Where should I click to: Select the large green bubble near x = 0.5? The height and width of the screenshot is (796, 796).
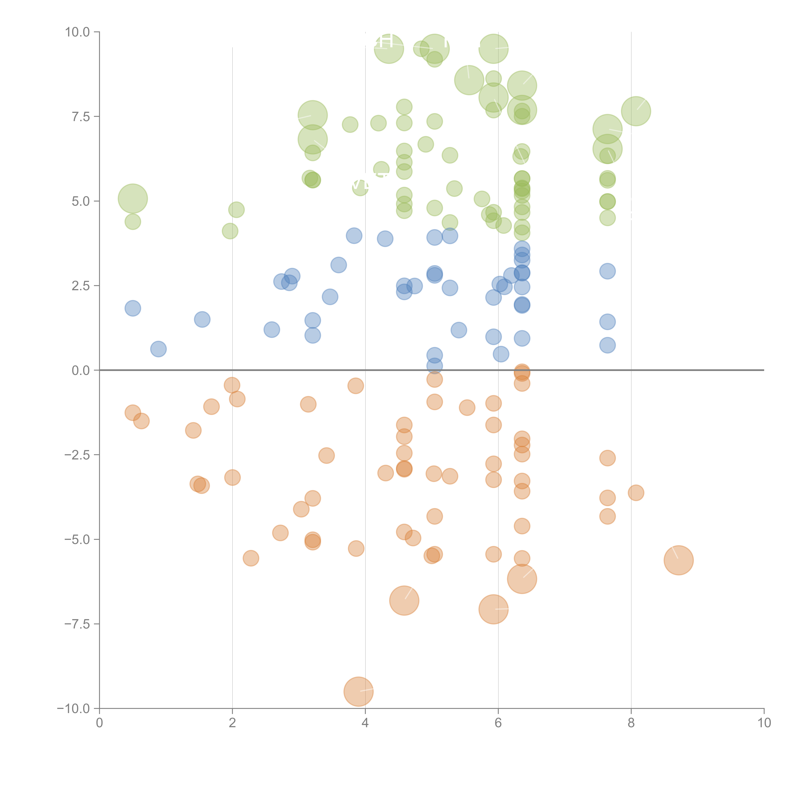coord(133,199)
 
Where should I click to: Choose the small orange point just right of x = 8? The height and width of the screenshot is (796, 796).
coord(636,493)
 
